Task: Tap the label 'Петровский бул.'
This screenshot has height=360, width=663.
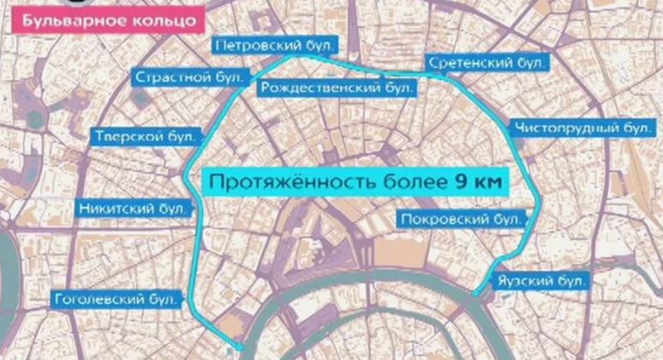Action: [274, 45]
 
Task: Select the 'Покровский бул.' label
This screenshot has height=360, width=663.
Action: [461, 219]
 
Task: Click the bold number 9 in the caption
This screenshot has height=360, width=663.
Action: [459, 182]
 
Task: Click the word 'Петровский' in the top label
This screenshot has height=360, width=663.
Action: [258, 45]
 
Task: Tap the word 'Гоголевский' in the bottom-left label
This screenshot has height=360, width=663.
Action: [99, 300]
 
